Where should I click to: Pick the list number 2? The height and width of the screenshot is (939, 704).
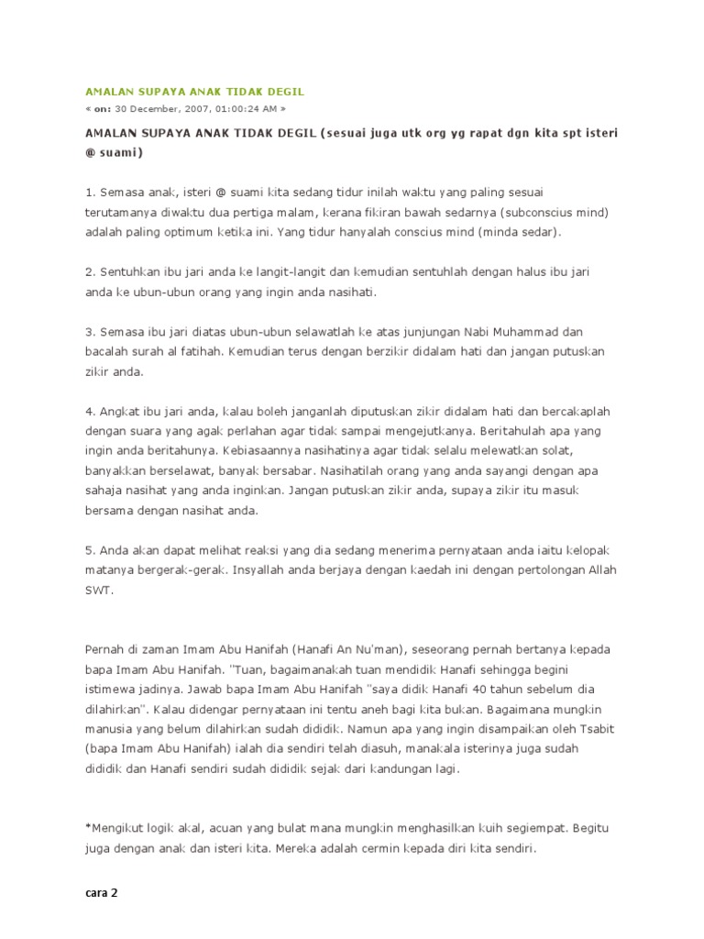(90, 273)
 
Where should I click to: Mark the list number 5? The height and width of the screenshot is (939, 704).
(90, 550)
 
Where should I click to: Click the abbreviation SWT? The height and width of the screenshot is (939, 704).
(100, 590)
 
